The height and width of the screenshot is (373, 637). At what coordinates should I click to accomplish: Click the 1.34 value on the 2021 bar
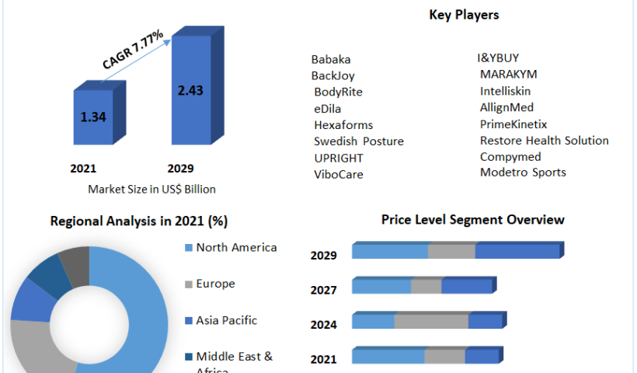[x=94, y=117]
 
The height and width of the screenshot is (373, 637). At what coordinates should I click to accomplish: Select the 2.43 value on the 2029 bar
[x=190, y=90]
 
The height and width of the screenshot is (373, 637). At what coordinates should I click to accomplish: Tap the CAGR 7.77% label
[x=132, y=50]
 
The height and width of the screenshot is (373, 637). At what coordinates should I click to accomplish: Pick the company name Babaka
[x=331, y=59]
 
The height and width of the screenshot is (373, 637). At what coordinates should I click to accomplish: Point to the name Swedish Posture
[x=359, y=141]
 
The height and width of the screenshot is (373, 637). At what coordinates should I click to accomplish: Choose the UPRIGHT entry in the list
[x=339, y=158]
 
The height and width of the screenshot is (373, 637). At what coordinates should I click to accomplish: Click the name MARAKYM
[x=508, y=75]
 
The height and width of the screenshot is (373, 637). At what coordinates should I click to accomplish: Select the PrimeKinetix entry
[x=513, y=124]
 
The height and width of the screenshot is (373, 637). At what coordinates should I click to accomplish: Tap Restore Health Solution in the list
[x=544, y=141]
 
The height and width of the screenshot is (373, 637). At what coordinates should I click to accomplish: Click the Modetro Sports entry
[x=523, y=173]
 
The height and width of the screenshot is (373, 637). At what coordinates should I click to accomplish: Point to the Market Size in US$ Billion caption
[x=151, y=189]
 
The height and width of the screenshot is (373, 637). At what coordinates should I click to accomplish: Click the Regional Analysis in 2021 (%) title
[x=138, y=221]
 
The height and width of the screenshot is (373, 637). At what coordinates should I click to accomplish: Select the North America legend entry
[x=236, y=248]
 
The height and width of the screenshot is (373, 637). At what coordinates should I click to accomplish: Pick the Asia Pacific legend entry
[x=226, y=320]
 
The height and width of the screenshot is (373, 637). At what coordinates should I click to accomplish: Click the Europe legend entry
[x=215, y=284]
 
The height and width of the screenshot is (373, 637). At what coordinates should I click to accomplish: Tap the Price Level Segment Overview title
[x=472, y=220]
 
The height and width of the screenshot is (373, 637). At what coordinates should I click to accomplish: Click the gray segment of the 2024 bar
[x=431, y=322]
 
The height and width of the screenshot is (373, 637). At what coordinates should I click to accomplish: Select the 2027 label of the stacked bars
[x=323, y=290]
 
